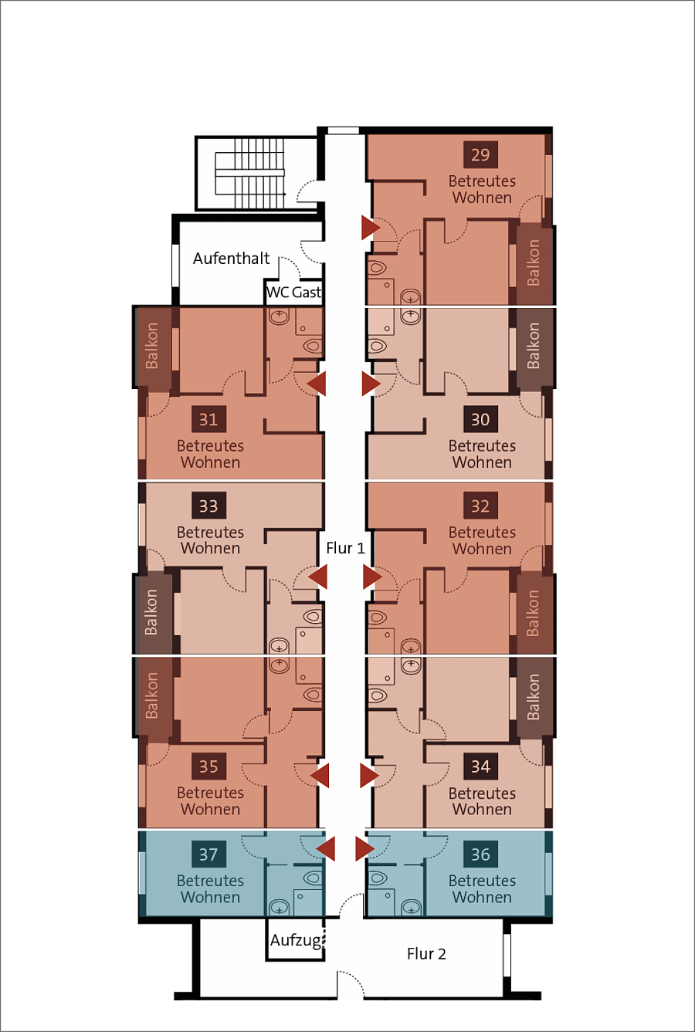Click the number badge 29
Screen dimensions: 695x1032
click(x=480, y=154)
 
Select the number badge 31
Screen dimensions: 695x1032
click(x=208, y=419)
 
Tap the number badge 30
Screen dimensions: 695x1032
click(x=480, y=419)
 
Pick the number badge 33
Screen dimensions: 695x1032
click(x=208, y=506)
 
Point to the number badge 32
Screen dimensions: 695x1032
click(x=480, y=506)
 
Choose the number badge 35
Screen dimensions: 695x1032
click(x=208, y=766)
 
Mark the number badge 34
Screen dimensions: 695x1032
click(x=480, y=766)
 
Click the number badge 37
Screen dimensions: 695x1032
click(x=208, y=854)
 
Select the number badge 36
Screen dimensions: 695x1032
click(x=480, y=854)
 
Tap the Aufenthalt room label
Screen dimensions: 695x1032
click(x=232, y=259)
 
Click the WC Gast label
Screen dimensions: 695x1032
click(x=294, y=292)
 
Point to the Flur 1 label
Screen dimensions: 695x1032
click(x=346, y=548)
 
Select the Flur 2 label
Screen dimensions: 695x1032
click(x=427, y=954)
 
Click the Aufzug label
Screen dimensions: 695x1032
click(x=296, y=940)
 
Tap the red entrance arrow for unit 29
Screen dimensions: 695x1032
click(x=371, y=228)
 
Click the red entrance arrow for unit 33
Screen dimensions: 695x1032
click(x=317, y=577)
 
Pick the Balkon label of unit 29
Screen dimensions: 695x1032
click(x=534, y=262)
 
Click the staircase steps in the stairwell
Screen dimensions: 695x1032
click(x=249, y=173)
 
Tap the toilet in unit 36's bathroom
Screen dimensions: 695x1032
click(x=378, y=878)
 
